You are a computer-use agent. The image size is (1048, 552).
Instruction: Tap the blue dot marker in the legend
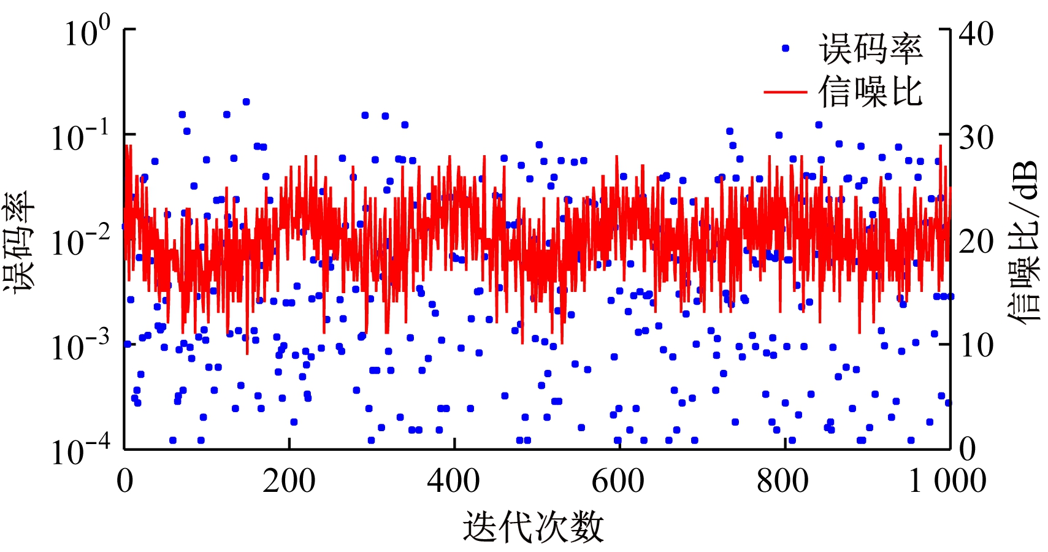pyautogui.click(x=786, y=48)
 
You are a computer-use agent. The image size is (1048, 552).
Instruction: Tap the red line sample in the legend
pyautogui.click(x=785, y=92)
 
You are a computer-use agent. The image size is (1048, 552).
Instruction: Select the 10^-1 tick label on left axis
pyautogui.click(x=80, y=136)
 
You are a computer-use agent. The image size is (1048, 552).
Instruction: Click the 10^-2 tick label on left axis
pyautogui.click(x=80, y=241)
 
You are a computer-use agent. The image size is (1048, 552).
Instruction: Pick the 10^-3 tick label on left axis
pyautogui.click(x=80, y=346)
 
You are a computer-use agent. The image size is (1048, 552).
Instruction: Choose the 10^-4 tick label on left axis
pyautogui.click(x=80, y=451)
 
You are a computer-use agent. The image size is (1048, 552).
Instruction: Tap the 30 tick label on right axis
pyautogui.click(x=976, y=138)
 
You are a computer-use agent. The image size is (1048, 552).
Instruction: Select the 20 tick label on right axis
pyautogui.click(x=976, y=242)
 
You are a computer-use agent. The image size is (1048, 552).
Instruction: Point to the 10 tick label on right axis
pyautogui.click(x=976, y=346)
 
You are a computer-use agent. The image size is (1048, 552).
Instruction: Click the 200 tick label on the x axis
pyautogui.click(x=289, y=481)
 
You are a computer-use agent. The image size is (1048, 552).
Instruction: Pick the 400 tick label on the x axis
pyautogui.click(x=454, y=481)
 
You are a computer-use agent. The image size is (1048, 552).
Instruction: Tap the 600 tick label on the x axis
pyautogui.click(x=618, y=481)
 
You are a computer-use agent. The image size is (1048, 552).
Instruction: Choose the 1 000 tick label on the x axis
pyautogui.click(x=947, y=481)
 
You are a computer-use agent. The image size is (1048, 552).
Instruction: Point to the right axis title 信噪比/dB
pyautogui.click(x=1024, y=242)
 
